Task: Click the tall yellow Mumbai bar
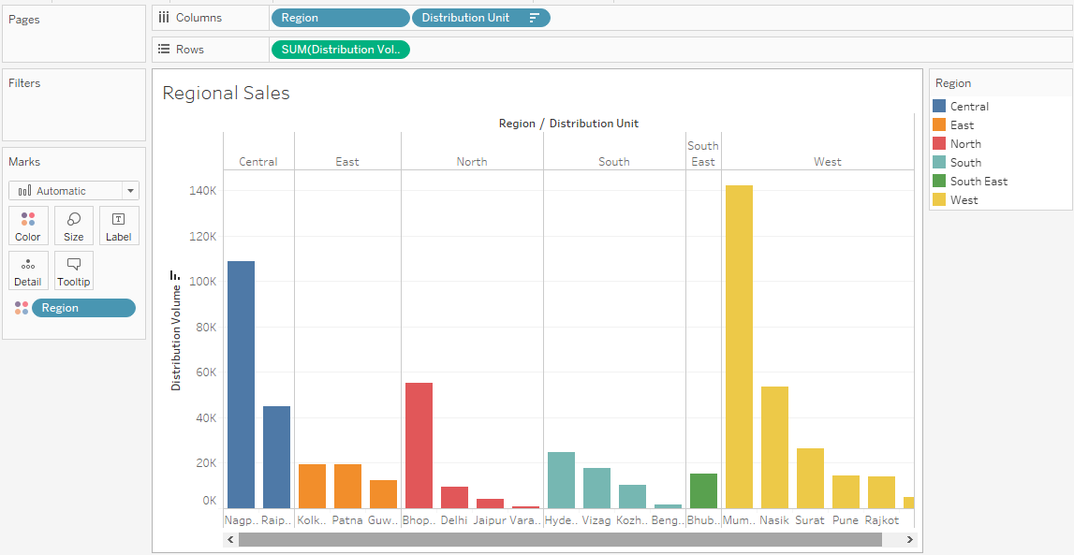(739, 346)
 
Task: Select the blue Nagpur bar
(241, 384)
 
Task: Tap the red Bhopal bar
(419, 445)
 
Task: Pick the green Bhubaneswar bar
(703, 490)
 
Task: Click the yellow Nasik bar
(774, 447)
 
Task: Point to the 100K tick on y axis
(203, 281)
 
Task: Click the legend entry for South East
(978, 182)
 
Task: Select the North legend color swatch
(939, 144)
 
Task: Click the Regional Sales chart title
(226, 93)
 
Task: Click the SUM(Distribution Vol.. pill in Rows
(340, 50)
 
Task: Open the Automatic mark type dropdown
(73, 191)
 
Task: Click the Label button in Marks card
(119, 226)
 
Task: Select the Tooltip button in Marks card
(73, 270)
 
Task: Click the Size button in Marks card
(73, 226)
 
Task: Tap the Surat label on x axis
(809, 520)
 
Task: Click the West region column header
(827, 162)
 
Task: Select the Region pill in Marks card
(82, 308)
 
